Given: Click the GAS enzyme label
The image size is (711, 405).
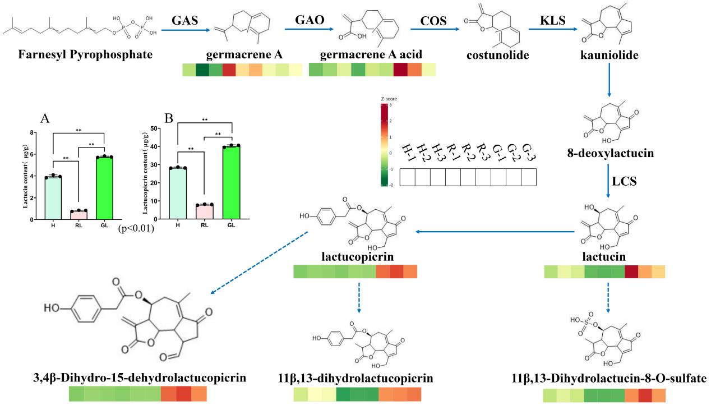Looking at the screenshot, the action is [x=184, y=20].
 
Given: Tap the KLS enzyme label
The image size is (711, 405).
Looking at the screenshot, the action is [x=553, y=20].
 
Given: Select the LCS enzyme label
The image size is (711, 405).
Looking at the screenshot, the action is [x=624, y=181].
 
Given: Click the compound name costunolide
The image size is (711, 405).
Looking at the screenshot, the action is [x=497, y=55].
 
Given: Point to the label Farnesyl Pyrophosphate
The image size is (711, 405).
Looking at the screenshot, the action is [x=85, y=54].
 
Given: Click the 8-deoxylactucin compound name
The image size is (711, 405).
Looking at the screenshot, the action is [x=611, y=153].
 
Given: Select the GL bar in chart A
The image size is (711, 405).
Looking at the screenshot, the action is [x=104, y=188].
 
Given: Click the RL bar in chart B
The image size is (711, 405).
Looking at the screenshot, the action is [x=205, y=211].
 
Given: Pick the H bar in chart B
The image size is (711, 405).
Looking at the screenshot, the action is [x=178, y=193].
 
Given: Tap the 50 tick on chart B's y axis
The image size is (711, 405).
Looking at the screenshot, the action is [x=154, y=128].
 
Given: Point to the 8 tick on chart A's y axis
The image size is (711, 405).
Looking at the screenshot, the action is [x=32, y=132].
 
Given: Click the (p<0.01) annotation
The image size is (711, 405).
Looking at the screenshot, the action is [x=136, y=228].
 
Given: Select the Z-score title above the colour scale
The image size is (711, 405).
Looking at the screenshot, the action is [x=389, y=99].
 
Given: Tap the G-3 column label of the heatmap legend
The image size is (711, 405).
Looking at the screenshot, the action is [x=529, y=153].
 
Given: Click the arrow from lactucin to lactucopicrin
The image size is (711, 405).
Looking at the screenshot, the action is [x=495, y=232].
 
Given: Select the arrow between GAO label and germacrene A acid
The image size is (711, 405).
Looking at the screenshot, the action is [x=309, y=29].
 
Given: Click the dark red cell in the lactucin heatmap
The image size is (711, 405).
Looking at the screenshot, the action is [x=631, y=271].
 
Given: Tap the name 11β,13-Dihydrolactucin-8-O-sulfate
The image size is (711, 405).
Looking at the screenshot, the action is [x=609, y=378].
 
